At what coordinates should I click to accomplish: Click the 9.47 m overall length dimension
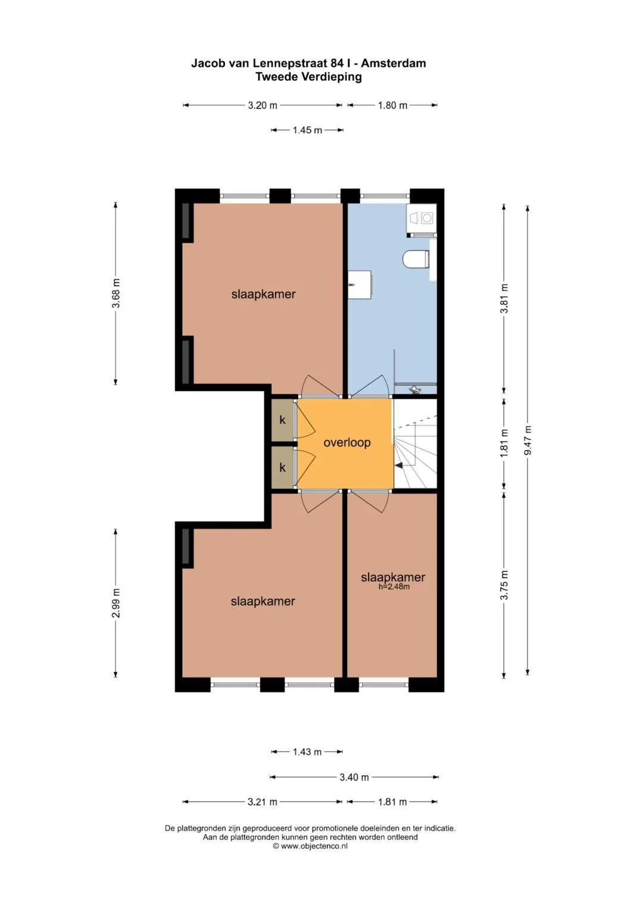[527, 441]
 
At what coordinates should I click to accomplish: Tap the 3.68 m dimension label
[116, 293]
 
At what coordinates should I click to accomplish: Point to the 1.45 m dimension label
[307, 130]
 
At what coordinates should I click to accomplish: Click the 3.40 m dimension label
[354, 777]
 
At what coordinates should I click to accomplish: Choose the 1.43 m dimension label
[307, 752]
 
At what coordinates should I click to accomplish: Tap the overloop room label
[347, 442]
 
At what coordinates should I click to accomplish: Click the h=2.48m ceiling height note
[394, 586]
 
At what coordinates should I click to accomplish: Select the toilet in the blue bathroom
[417, 259]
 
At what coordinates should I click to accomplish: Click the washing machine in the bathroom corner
[422, 218]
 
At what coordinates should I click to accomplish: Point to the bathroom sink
[360, 285]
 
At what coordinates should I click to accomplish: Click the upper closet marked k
[282, 420]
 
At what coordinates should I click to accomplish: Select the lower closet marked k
[282, 467]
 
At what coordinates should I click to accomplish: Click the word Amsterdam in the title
[394, 63]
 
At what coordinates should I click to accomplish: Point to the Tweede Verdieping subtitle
[308, 77]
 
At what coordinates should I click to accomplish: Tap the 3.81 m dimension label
[504, 298]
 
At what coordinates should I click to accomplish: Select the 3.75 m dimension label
[504, 585]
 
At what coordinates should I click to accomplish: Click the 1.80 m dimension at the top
[392, 105]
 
